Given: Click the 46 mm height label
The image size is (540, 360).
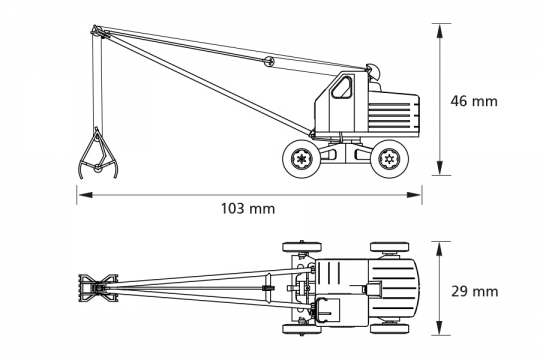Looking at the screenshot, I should coord(473,101).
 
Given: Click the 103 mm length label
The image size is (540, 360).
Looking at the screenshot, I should coord(247,209).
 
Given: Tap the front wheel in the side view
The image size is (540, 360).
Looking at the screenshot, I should coord(300,157).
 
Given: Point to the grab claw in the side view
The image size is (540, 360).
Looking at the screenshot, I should coord(96,155).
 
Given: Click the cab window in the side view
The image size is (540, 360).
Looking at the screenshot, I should coord(342,89).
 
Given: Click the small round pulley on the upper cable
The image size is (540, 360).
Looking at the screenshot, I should coord(268,63).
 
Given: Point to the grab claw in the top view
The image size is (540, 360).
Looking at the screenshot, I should coord(94,289).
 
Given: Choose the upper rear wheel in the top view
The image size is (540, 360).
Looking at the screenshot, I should coord(388,246).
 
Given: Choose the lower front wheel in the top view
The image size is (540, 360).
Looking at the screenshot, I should coord(297,328).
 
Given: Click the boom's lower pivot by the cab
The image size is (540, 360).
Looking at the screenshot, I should coord(318,131).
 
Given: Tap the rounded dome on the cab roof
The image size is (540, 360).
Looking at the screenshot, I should coord(375,71).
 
